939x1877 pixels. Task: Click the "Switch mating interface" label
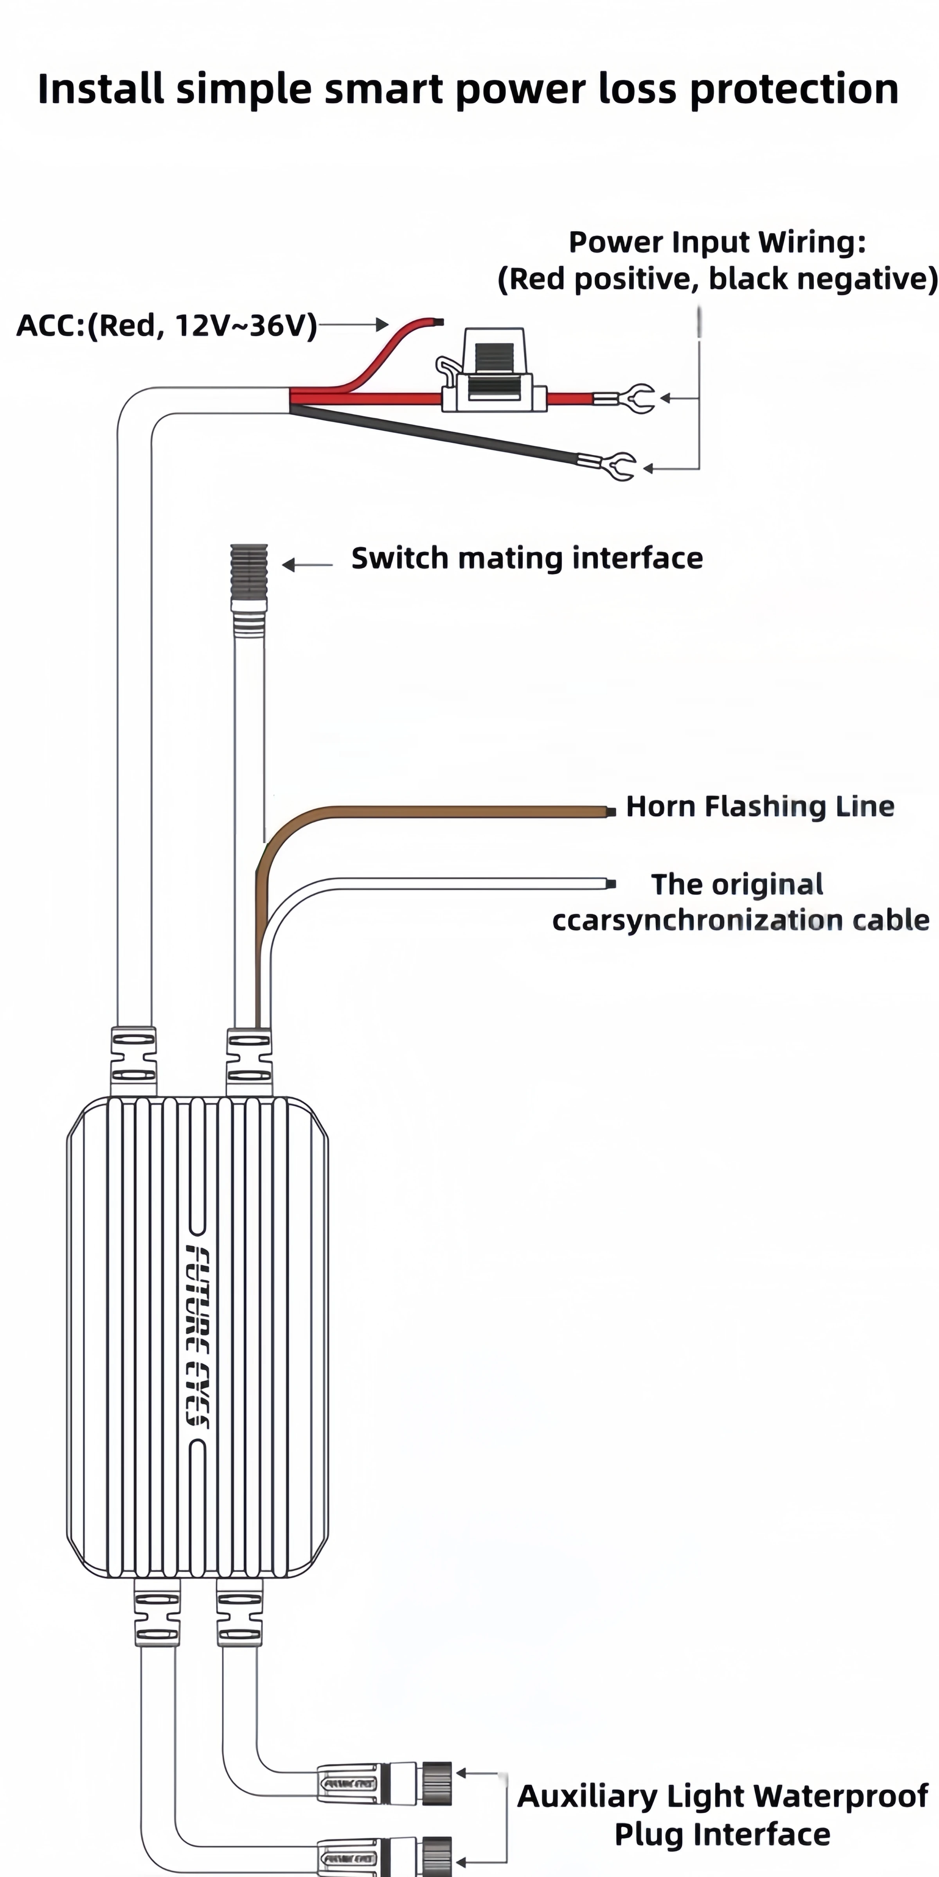[x=527, y=558]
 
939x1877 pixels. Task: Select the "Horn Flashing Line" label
[x=760, y=807]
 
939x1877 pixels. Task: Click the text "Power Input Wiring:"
[x=718, y=242]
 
